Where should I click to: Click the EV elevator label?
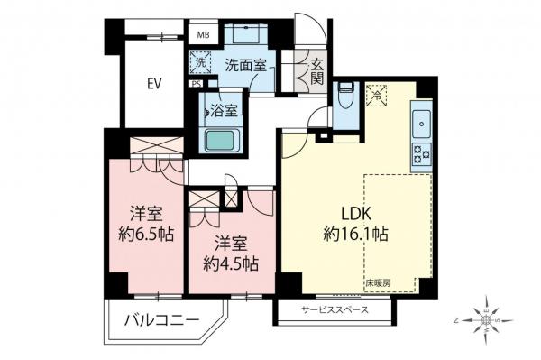154,86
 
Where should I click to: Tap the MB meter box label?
204,37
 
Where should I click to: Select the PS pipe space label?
196,85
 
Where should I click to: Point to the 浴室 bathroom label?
223,113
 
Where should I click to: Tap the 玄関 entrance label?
318,69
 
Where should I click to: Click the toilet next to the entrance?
345,93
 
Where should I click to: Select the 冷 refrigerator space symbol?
377,92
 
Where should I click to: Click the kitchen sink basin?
423,120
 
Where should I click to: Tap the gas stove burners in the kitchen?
421,155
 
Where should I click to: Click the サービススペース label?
333,311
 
